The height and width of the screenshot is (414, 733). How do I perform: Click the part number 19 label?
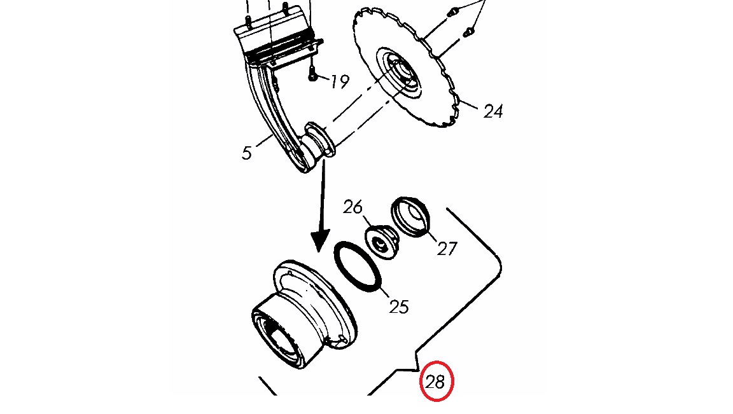click(340, 82)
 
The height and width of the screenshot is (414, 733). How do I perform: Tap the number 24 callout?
click(493, 112)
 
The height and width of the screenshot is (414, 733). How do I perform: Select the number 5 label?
click(247, 153)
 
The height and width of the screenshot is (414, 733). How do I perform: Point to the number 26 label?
click(353, 207)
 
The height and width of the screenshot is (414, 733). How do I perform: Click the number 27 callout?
click(447, 249)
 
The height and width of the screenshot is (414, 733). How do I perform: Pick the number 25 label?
click(399, 307)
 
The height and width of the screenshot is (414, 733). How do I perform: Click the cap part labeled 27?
click(410, 217)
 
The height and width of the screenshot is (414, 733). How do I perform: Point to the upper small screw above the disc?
click(452, 13)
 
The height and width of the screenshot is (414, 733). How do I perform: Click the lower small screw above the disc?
click(468, 32)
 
